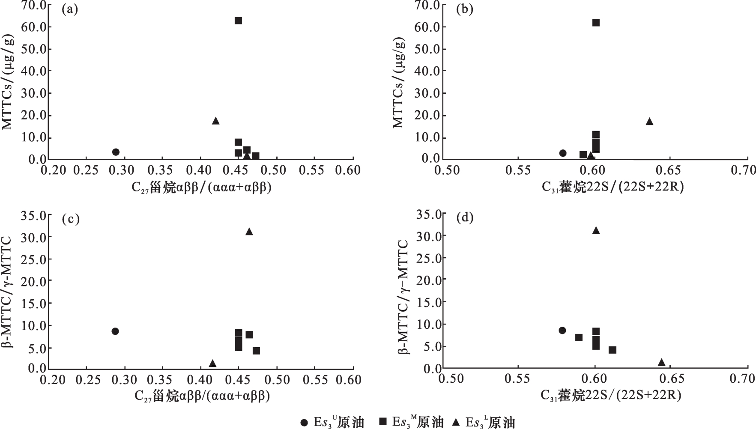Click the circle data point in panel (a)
pyautogui.click(x=116, y=152)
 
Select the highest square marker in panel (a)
pyautogui.click(x=238, y=21)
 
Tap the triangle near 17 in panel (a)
pyautogui.click(x=216, y=121)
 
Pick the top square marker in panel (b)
pyautogui.click(x=596, y=23)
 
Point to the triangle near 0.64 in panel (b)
pyautogui.click(x=649, y=122)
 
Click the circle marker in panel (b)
pyautogui.click(x=563, y=153)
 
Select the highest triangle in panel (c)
pyautogui.click(x=249, y=232)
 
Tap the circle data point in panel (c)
pyautogui.click(x=115, y=331)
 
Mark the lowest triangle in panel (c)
pyautogui.click(x=212, y=363)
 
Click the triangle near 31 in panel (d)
pyautogui.click(x=596, y=231)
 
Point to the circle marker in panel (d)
pyautogui.click(x=562, y=330)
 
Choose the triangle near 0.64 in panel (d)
pyautogui.click(x=661, y=363)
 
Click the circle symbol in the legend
pyautogui.click(x=304, y=423)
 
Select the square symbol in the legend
pyautogui.click(x=383, y=422)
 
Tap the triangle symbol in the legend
pyautogui.click(x=457, y=423)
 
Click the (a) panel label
pyautogui.click(x=70, y=9)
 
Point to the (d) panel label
pyautogui.click(x=465, y=217)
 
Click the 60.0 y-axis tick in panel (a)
pyautogui.click(x=34, y=27)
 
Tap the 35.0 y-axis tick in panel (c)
pyautogui.click(x=34, y=215)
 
